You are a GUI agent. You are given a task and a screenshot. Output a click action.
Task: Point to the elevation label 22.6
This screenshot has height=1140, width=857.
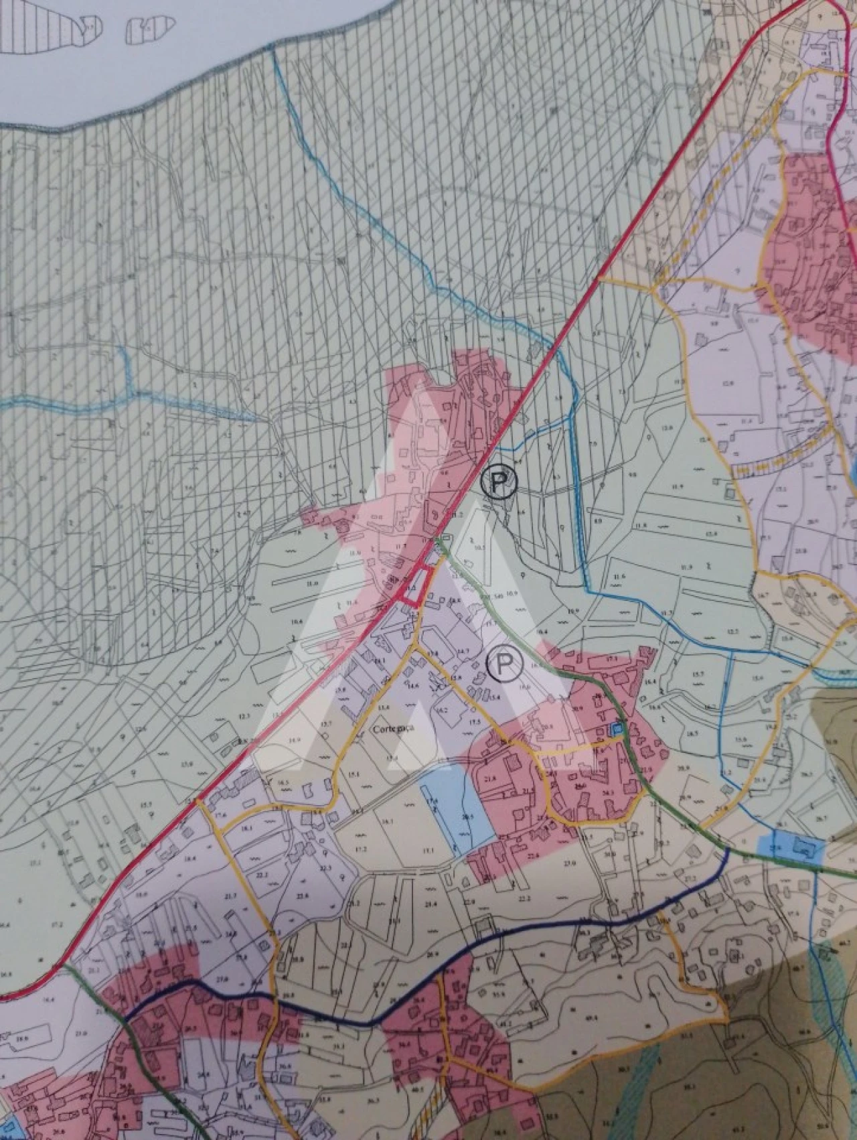pyautogui.click(x=534, y=857)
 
